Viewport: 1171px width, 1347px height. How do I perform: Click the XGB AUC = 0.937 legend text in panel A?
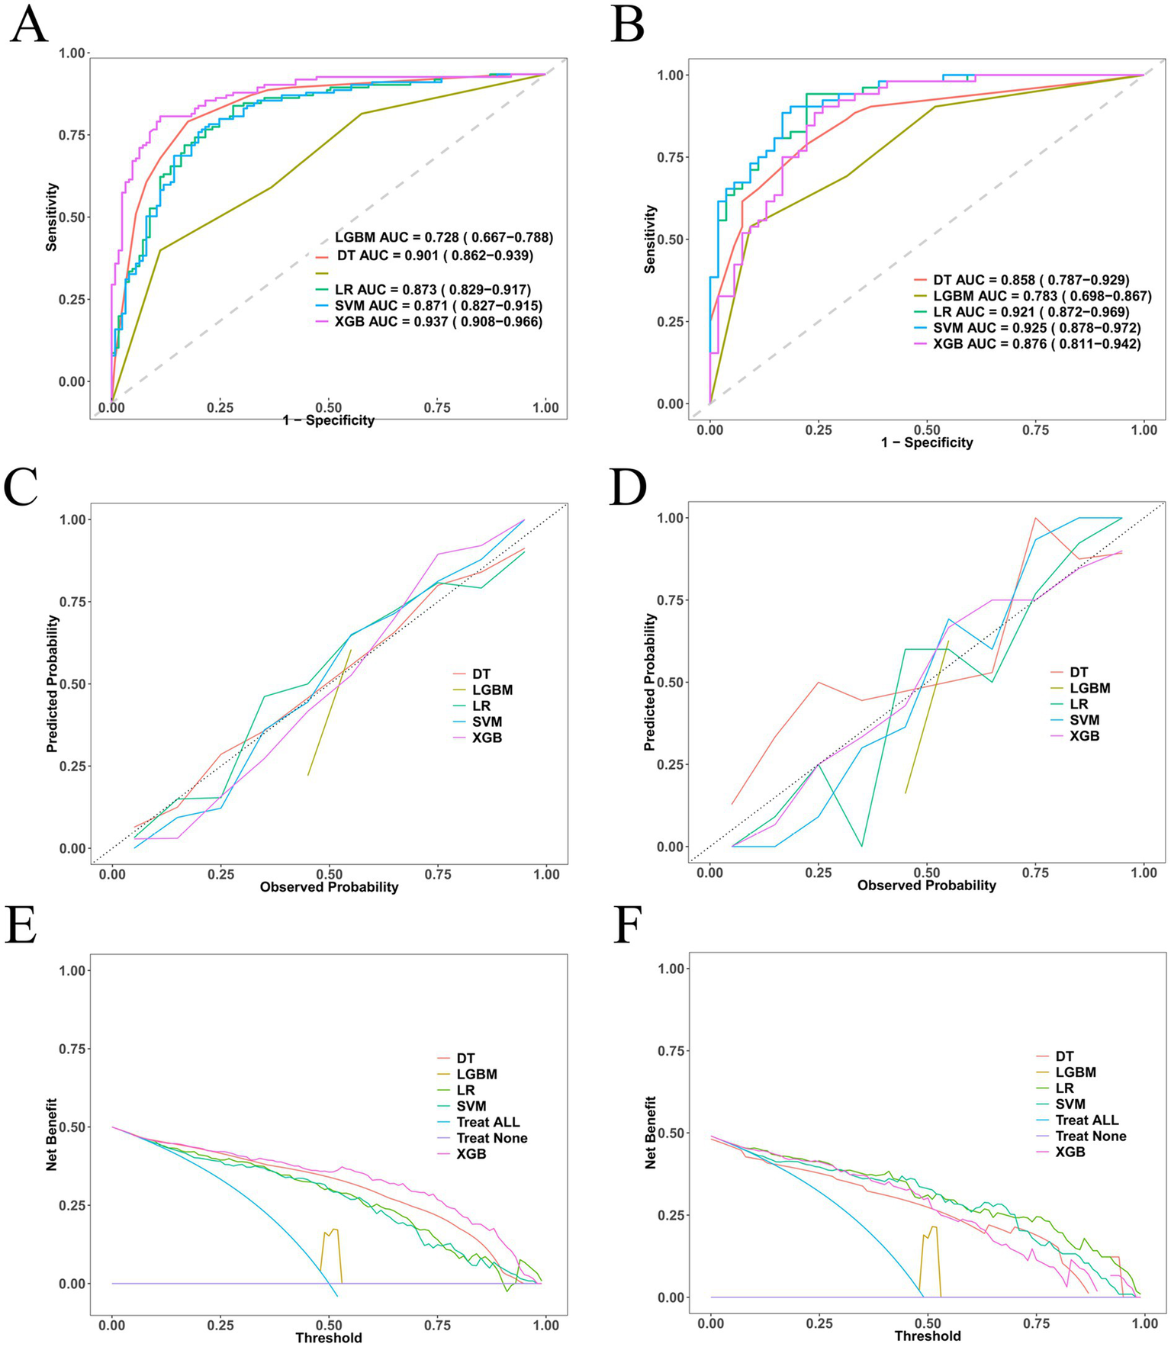coord(439,322)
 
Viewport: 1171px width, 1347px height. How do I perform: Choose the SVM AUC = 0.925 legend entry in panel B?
coord(1037,328)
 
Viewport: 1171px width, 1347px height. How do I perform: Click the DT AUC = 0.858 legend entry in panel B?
coord(1031,280)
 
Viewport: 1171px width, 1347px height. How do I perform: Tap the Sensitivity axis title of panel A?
coord(52,217)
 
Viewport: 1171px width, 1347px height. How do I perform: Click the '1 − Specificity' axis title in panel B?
coord(927,442)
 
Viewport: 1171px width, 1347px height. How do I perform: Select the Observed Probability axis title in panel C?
coord(329,887)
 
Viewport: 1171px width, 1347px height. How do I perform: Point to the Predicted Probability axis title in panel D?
coord(650,683)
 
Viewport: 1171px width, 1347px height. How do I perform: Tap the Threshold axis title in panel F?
coord(928,1333)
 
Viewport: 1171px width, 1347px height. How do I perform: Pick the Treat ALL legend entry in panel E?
coord(488,1122)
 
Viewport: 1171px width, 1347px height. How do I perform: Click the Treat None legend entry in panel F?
coord(1091,1136)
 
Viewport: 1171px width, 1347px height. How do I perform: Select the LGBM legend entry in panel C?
coord(492,690)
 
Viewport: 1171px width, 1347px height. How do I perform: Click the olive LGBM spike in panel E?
coord(332,1235)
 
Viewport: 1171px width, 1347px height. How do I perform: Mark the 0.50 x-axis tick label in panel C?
coord(329,874)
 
